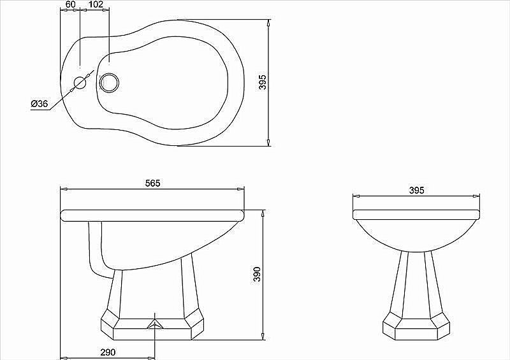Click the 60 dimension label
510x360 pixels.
(70, 4)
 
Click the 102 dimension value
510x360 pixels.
(96, 4)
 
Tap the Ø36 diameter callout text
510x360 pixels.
(40, 104)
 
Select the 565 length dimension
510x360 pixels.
(152, 184)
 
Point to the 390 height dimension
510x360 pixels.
(257, 274)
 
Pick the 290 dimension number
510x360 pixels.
(108, 352)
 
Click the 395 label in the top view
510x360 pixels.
(263, 82)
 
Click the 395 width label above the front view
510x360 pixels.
(417, 191)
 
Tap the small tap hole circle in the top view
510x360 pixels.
(80, 83)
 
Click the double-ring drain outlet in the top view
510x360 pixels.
(110, 82)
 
